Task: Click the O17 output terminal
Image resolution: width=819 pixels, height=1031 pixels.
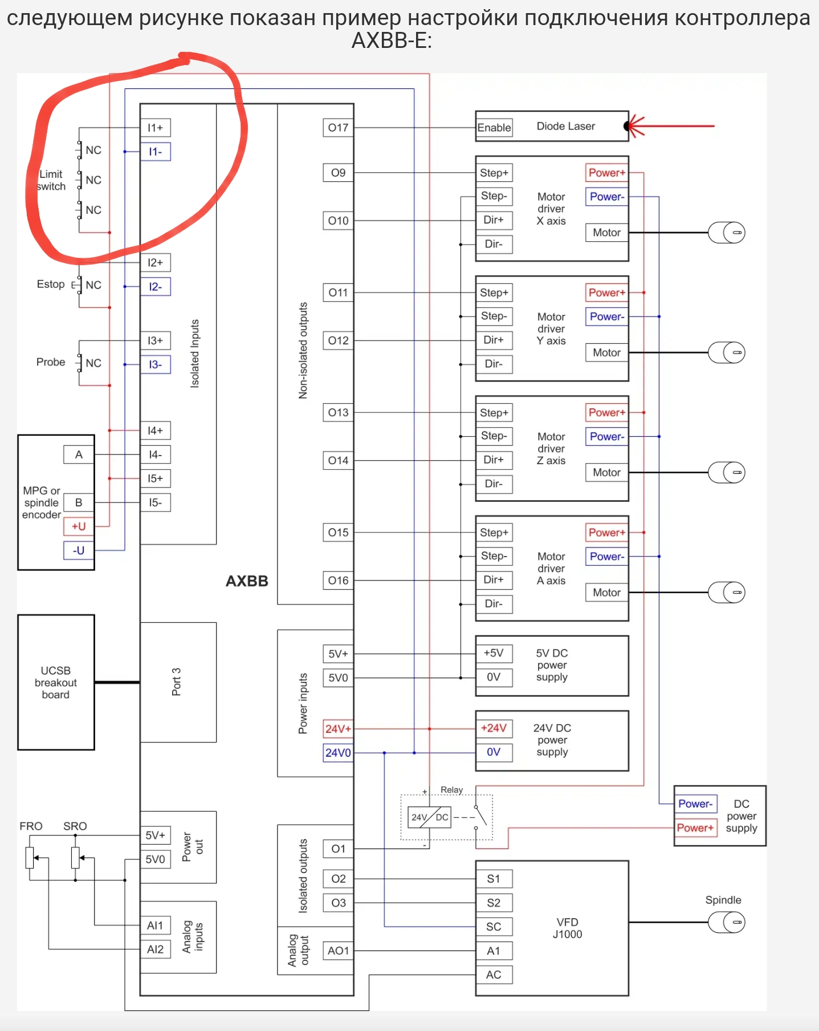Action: tap(338, 128)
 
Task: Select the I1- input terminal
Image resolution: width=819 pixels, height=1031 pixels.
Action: tap(156, 152)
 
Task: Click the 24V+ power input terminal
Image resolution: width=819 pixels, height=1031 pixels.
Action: tap(338, 729)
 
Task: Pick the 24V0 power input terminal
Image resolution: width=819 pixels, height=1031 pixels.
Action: tap(338, 753)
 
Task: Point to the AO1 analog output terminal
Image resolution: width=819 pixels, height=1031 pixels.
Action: tap(338, 951)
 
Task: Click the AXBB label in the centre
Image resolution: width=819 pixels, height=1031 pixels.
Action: tap(247, 581)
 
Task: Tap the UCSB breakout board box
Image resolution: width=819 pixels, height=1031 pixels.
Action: tap(56, 682)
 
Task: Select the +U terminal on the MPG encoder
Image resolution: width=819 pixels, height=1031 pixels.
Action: tap(79, 526)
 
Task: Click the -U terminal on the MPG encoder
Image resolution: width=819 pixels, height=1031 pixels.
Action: tap(79, 550)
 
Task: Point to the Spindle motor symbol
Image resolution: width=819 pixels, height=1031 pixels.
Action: tap(727, 922)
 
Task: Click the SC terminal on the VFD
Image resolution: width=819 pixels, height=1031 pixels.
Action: tap(494, 927)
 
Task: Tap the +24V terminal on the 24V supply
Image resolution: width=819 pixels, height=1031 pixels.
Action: tap(494, 728)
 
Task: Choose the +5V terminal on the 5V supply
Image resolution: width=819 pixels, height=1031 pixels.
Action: tap(494, 653)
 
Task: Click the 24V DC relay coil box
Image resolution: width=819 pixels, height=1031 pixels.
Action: tap(430, 817)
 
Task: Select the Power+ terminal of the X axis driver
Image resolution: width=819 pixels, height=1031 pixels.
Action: tap(607, 173)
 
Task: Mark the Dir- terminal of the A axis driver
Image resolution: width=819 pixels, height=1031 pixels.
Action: tap(494, 604)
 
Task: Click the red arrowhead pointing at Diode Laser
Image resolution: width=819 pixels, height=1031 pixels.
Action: tap(634, 126)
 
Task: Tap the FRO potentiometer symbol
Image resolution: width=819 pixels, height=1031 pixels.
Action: tap(30, 858)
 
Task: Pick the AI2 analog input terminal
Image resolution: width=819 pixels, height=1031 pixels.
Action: tap(156, 949)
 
